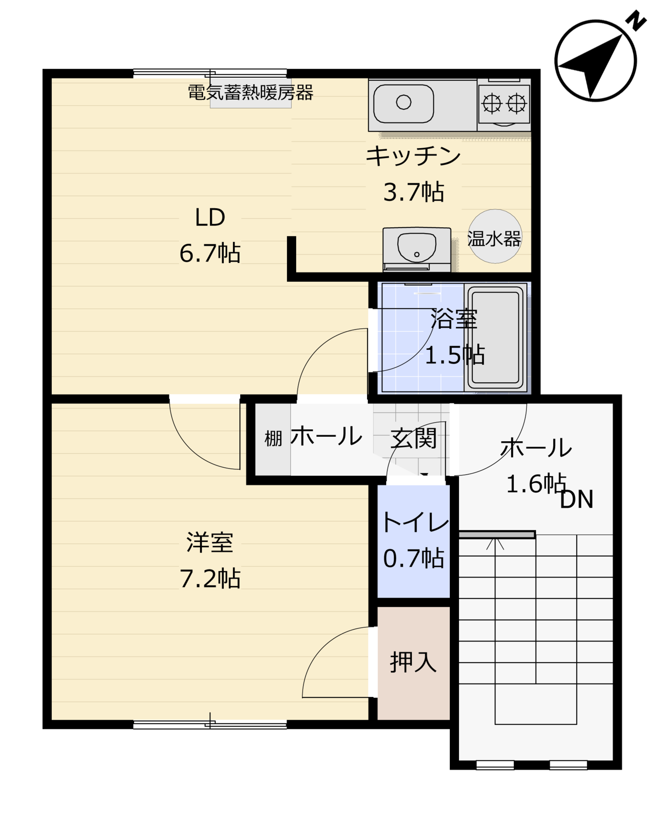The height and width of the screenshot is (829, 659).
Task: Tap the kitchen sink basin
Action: point(403,102)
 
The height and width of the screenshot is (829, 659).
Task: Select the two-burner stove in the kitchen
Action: point(504,103)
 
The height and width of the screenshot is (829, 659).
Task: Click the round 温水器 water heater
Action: point(495,236)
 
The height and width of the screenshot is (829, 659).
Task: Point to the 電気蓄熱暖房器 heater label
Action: point(250,93)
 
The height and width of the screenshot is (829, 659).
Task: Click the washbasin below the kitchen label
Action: point(416,249)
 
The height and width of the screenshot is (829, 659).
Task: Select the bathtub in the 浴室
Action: point(496,337)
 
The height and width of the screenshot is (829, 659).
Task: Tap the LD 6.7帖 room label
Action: point(210,235)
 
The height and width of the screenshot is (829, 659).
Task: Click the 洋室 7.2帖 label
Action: point(210,560)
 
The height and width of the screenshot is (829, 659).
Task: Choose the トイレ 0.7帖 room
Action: point(414,541)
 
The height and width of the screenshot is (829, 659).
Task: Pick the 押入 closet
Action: point(414,663)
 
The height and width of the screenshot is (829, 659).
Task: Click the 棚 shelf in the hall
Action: point(273,439)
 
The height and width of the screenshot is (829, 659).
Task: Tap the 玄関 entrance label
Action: point(414,439)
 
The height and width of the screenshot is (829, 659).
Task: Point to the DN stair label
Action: point(577,499)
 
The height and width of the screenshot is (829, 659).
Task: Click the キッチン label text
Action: point(413,156)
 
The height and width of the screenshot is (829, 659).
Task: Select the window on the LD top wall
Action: point(210,73)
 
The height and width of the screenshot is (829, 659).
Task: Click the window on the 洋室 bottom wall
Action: point(210,724)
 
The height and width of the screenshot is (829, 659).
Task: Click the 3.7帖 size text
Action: point(414,192)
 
